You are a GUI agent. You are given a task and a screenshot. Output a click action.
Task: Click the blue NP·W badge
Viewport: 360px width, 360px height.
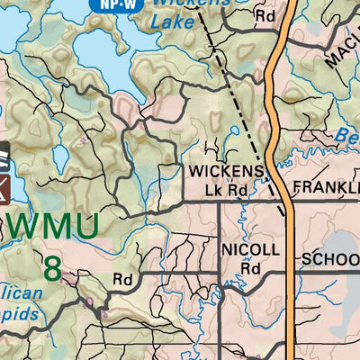(x=107, y=4)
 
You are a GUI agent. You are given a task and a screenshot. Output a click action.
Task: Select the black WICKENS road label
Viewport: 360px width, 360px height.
(x=226, y=172)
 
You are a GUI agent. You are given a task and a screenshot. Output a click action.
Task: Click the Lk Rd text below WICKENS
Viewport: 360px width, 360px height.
(x=225, y=190)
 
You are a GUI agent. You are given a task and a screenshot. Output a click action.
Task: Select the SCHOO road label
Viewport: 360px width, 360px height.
(x=330, y=259)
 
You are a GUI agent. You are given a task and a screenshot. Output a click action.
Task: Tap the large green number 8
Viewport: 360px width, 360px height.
(x=55, y=267)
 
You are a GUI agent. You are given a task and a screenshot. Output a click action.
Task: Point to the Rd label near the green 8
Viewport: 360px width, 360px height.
(x=123, y=280)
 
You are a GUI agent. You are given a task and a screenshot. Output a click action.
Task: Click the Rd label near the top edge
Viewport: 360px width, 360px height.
(x=264, y=15)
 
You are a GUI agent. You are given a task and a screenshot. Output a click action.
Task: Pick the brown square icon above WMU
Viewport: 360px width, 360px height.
(x=4, y=189)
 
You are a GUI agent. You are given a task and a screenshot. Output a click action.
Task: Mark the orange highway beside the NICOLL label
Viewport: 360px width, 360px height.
(x=290, y=252)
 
